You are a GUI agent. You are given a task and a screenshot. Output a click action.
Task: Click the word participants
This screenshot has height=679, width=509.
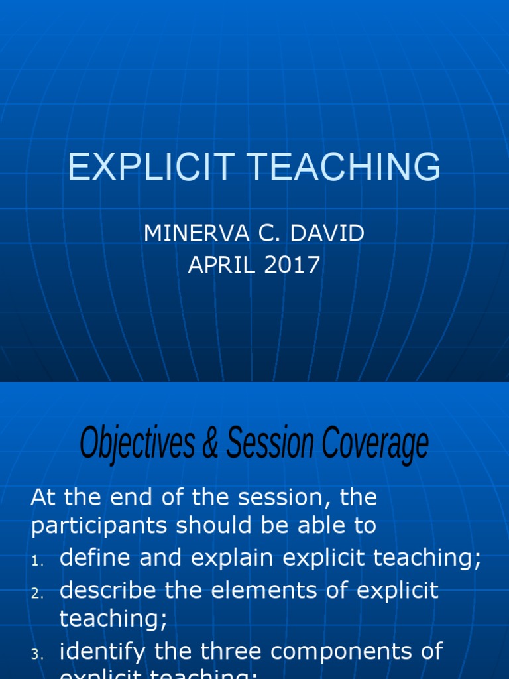pos(99,526)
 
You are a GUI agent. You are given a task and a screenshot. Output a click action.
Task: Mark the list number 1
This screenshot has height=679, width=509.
pos(36,561)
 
